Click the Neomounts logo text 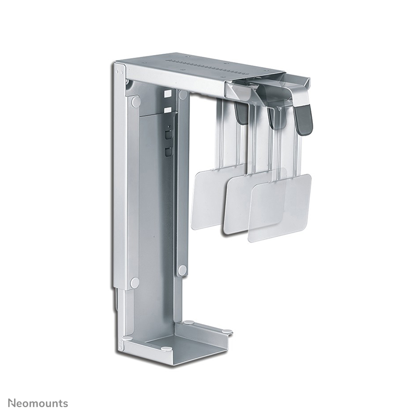pos(38,403)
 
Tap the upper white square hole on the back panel pos(168,94)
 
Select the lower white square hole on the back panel pos(168,110)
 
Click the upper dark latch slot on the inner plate pos(168,134)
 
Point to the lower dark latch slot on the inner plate pos(168,151)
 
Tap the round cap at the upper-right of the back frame pos(182,95)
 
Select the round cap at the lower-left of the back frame pos(135,283)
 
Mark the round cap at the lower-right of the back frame pos(182,271)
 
